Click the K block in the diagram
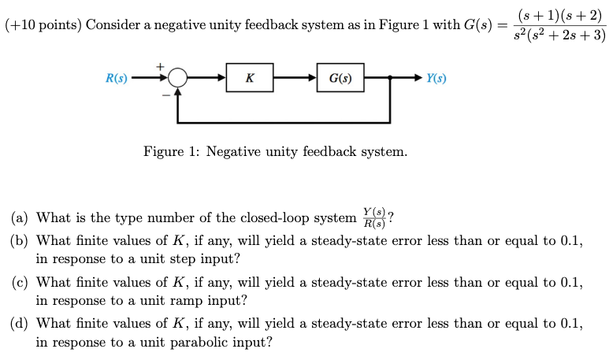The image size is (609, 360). pyautogui.click(x=249, y=78)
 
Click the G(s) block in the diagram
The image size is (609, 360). pyautogui.click(x=340, y=78)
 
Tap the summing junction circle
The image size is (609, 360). pyautogui.click(x=178, y=78)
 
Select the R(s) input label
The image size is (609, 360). pyautogui.click(x=117, y=78)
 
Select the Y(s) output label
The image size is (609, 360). pyautogui.click(x=436, y=78)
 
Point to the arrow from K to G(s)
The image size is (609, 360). pyautogui.click(x=295, y=78)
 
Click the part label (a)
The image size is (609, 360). pyautogui.click(x=20, y=218)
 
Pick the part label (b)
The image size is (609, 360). pyautogui.click(x=20, y=241)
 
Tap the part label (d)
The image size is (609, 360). pyautogui.click(x=20, y=324)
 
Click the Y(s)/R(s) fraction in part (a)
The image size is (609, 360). pyautogui.click(x=374, y=217)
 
